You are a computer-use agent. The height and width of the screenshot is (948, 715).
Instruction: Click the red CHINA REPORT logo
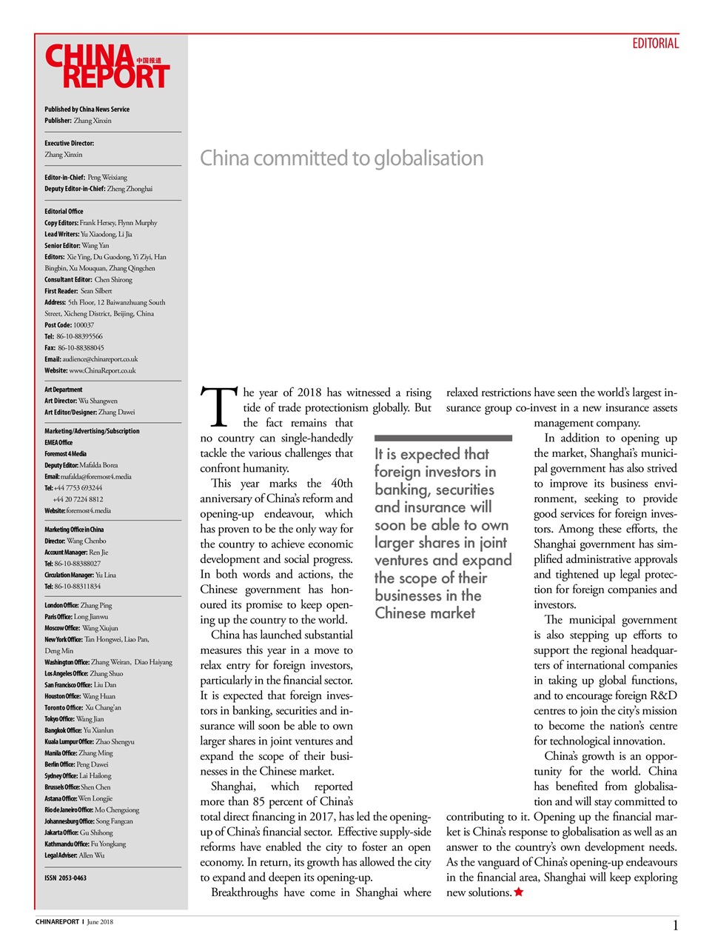tap(107, 67)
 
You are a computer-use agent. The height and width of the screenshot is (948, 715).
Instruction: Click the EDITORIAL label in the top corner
tap(655, 44)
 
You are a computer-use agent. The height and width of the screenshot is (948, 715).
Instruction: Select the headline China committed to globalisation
tap(341, 158)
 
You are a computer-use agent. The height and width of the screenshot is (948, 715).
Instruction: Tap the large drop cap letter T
tap(219, 407)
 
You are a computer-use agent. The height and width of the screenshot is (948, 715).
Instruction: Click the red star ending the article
tap(519, 892)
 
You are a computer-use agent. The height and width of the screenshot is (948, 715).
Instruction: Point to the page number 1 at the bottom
tap(675, 925)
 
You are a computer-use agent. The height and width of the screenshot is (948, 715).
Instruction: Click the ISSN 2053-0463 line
tap(65, 878)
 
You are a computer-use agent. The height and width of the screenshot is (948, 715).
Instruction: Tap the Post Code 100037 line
tap(69, 325)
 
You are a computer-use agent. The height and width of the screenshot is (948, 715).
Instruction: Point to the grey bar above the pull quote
tap(443, 438)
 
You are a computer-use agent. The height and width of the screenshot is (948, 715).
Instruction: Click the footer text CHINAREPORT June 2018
tap(74, 922)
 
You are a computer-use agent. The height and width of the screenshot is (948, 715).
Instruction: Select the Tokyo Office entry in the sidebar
tap(74, 718)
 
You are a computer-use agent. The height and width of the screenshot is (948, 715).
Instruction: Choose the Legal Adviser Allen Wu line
tap(74, 855)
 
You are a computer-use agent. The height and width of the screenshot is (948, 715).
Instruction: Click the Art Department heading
tap(64, 390)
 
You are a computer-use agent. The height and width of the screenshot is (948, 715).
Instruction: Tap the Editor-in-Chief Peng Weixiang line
tap(86, 178)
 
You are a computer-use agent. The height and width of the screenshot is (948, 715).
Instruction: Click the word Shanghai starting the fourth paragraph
tap(233, 787)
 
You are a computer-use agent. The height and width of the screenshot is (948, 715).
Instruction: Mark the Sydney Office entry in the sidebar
tap(78, 775)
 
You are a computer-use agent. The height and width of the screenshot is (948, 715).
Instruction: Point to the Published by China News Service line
tap(87, 110)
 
